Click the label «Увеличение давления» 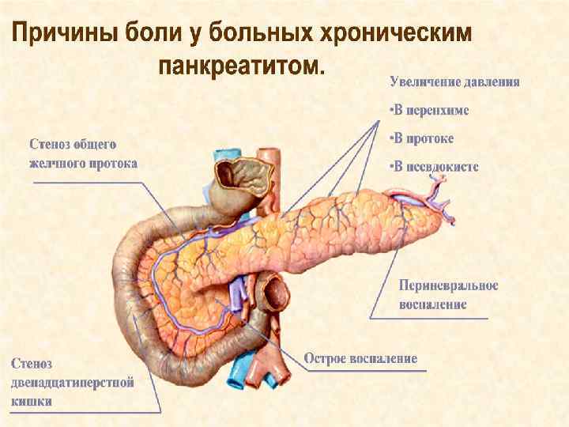click(454, 81)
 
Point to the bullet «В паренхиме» click(430, 110)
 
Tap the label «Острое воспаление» click(361, 358)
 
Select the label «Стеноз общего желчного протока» click(83, 154)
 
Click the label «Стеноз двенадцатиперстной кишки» click(71, 382)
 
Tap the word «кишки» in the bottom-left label click(32, 401)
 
